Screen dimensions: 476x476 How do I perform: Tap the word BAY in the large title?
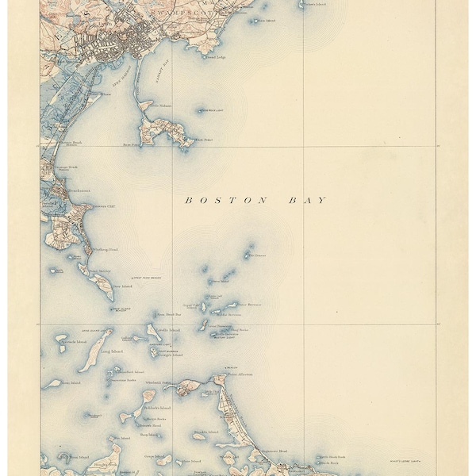coord(309,201)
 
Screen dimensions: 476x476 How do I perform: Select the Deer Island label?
coord(121,286)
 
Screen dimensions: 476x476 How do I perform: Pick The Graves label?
coord(259,255)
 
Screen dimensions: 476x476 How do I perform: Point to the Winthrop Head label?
coord(106,251)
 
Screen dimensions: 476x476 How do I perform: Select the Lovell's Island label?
coord(169,329)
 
